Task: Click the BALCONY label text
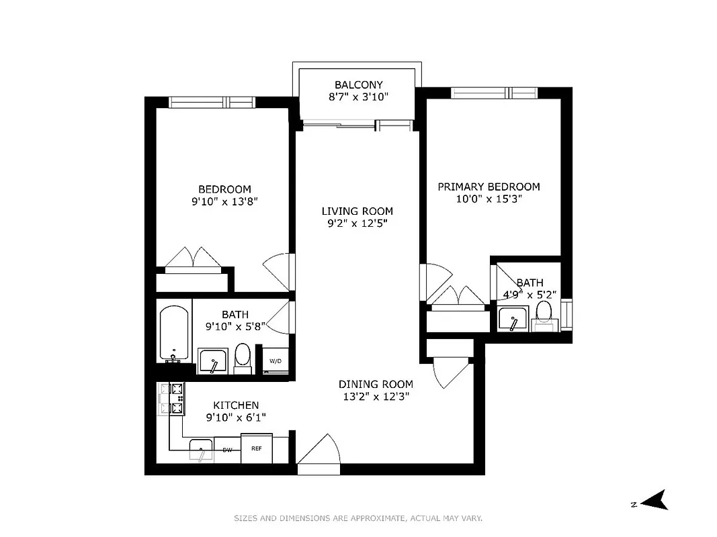[x=358, y=85]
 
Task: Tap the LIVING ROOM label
[x=357, y=211]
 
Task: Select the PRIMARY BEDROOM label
[x=489, y=187]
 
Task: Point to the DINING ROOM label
[x=375, y=384]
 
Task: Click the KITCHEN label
[x=235, y=405]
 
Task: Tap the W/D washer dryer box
[x=276, y=361]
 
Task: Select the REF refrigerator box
[x=257, y=448]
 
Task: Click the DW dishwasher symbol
[x=227, y=450]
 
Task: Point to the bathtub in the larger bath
[x=175, y=332]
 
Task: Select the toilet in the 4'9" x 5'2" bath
[x=544, y=314]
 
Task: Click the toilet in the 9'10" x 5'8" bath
[x=243, y=358]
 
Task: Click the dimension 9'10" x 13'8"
[x=224, y=201]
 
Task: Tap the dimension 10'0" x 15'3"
[x=489, y=199]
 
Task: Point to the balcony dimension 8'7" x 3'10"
[x=358, y=97]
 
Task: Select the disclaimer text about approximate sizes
[x=358, y=518]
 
